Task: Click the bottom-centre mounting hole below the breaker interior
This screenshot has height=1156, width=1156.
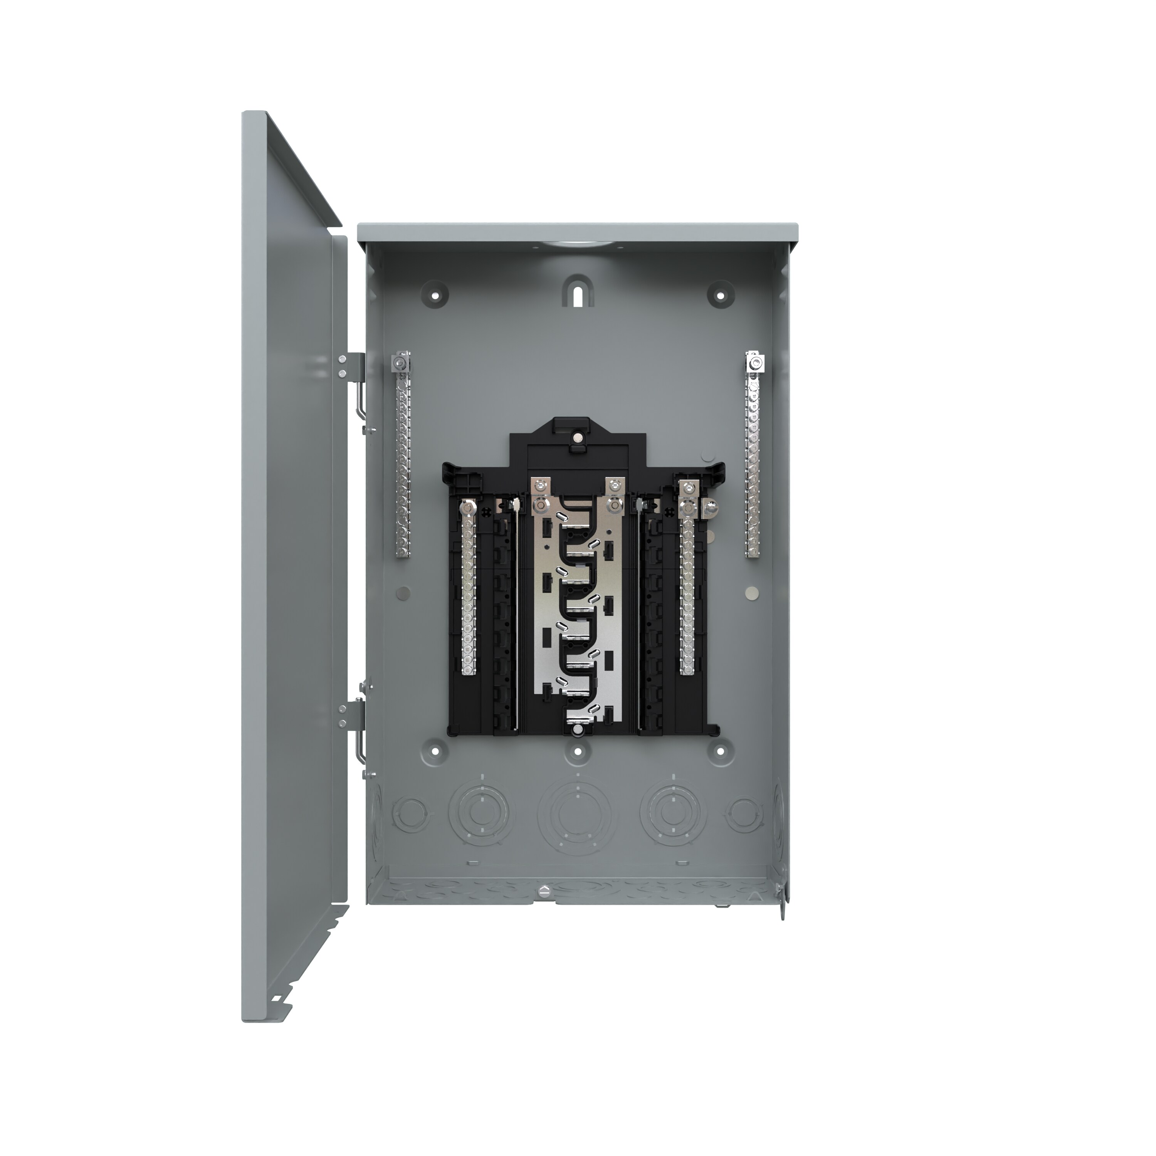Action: [x=577, y=751]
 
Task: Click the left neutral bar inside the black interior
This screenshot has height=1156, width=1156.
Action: [x=468, y=592]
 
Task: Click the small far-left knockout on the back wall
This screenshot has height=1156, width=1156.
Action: [x=410, y=815]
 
